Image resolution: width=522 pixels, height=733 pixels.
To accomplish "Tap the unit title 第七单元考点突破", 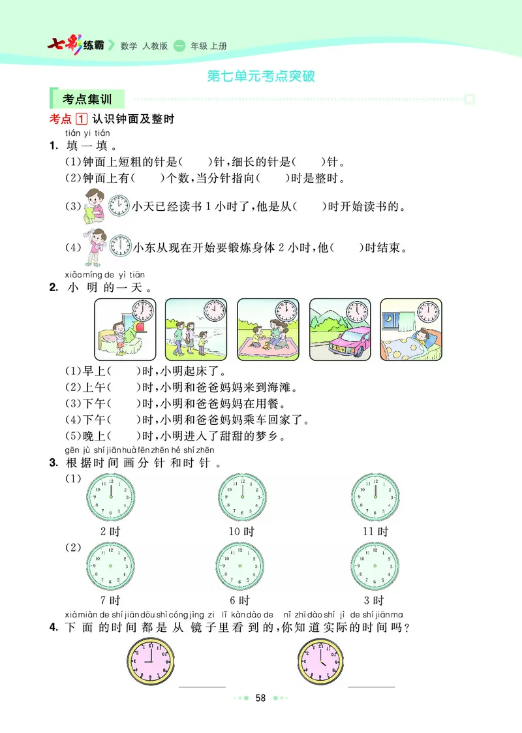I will [x=261, y=76].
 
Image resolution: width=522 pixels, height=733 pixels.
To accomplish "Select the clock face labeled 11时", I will [x=375, y=495].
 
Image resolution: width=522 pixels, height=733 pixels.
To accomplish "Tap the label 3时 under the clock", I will [x=374, y=600].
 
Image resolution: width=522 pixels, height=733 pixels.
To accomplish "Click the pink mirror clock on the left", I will [x=151, y=660].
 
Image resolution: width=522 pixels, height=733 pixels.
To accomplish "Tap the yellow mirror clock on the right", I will [x=320, y=660].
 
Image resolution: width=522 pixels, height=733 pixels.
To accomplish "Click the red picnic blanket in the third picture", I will [x=268, y=351].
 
